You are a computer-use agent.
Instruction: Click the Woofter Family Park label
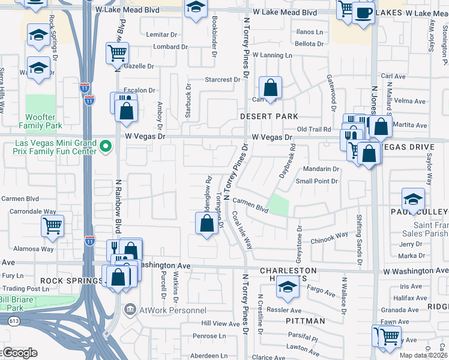click(x=40, y=122)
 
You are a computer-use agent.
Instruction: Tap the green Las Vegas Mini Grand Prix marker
click(x=106, y=146)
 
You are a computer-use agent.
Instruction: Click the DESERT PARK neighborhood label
click(x=270, y=116)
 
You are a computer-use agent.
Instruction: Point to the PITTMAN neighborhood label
click(x=305, y=321)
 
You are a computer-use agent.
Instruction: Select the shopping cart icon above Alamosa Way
click(x=52, y=226)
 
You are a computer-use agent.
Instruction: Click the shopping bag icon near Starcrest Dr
click(x=271, y=88)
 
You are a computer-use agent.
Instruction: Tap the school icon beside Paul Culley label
click(x=414, y=199)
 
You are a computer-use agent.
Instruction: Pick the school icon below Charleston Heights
click(x=288, y=289)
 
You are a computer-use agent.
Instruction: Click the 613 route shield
click(x=13, y=321)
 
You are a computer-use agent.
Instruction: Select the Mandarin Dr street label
click(x=325, y=169)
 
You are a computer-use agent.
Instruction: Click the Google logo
click(x=20, y=353)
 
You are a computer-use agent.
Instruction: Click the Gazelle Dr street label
click(x=138, y=66)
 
